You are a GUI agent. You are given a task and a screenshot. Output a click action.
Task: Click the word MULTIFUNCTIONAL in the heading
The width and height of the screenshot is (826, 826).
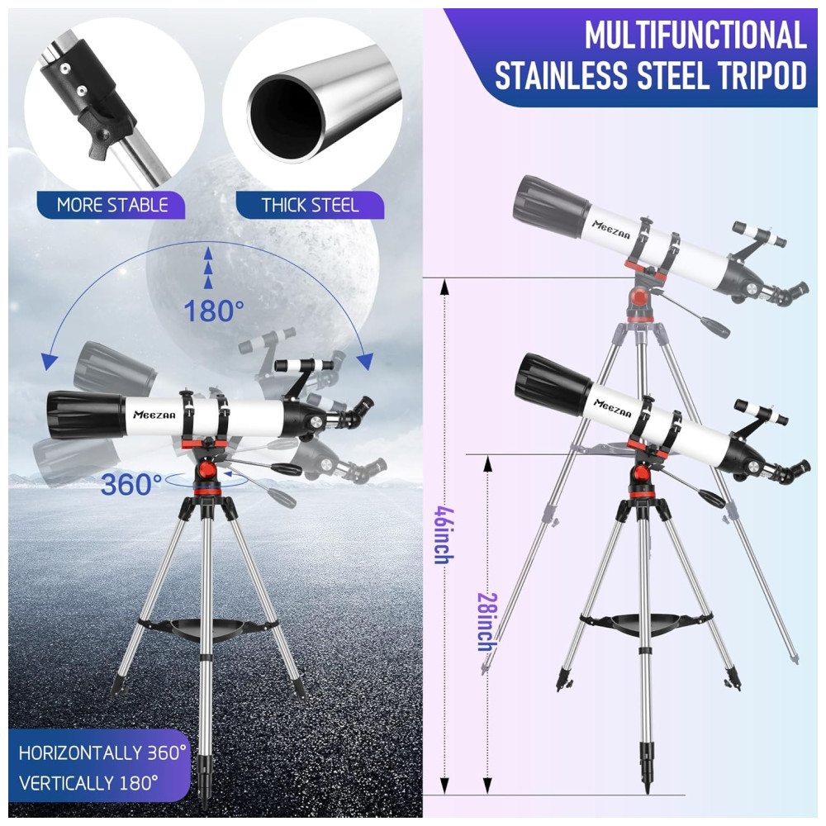coord(695,36)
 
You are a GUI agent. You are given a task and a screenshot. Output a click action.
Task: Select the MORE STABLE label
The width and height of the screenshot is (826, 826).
coord(112,205)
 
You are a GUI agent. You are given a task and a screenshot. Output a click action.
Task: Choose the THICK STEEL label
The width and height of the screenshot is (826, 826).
coord(311,205)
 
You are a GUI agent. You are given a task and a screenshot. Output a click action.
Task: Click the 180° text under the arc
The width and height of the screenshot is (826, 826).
coord(214,311)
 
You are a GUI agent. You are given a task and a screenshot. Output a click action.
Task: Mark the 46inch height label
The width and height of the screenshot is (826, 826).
coord(444,534)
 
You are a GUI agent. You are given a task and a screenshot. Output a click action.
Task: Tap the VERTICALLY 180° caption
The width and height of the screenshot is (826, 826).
coord(88,781)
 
